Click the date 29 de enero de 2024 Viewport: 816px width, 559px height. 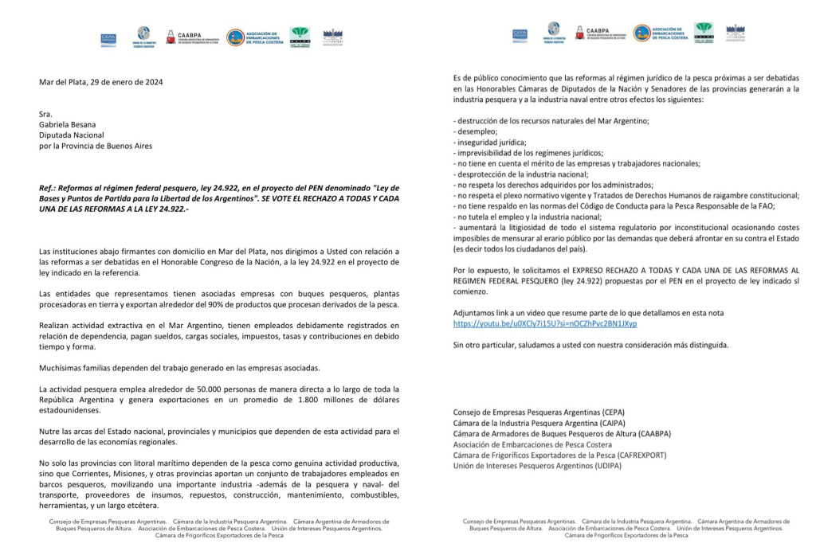128,82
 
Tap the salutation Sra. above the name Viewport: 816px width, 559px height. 45,115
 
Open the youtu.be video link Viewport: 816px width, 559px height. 545,324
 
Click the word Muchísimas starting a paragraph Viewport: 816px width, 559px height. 62,368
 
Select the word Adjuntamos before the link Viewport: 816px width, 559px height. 477,313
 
